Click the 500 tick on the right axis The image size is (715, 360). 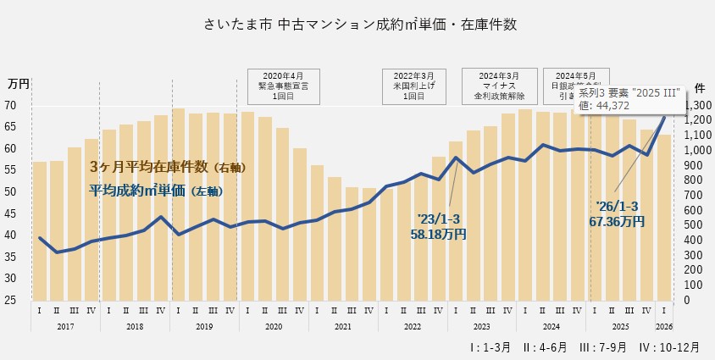693,225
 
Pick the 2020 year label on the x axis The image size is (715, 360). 273,326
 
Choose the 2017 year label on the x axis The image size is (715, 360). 64,326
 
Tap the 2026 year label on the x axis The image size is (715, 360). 664,326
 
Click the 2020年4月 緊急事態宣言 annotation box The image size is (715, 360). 283,86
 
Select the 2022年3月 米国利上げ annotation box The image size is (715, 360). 413,86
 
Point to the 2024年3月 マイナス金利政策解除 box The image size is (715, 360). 497,86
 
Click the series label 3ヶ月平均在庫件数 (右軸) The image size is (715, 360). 168,167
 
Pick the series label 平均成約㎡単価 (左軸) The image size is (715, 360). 157,191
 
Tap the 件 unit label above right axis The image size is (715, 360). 700,87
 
